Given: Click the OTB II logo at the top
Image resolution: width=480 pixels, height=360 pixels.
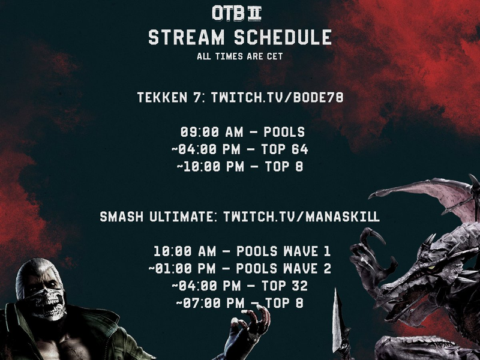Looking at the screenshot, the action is (x=236, y=13).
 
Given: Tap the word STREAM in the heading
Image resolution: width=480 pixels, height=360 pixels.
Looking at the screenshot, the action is (x=187, y=37).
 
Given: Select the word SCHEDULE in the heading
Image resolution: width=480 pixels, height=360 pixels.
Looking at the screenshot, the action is (x=283, y=37).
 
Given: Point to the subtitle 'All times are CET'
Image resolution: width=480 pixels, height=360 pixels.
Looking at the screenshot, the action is (x=239, y=56).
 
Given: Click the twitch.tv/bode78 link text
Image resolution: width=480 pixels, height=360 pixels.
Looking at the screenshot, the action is (x=277, y=97).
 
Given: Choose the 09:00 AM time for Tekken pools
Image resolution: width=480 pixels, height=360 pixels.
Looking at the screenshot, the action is (x=212, y=132).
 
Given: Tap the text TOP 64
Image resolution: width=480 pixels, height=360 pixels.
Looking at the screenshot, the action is (x=284, y=149).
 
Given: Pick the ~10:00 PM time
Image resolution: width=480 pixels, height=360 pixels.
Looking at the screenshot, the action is (x=211, y=167).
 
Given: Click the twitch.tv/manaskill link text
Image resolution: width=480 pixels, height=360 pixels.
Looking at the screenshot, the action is (x=302, y=217).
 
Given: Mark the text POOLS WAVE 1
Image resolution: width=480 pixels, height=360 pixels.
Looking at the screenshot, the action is (x=283, y=251).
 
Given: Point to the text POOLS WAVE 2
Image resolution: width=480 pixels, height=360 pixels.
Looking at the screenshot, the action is (x=284, y=268).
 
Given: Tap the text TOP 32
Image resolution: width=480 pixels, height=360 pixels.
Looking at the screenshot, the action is (x=284, y=286).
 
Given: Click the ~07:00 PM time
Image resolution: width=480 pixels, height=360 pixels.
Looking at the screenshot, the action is (x=210, y=304).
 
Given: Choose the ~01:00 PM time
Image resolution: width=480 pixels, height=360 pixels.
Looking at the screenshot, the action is (x=182, y=268).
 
